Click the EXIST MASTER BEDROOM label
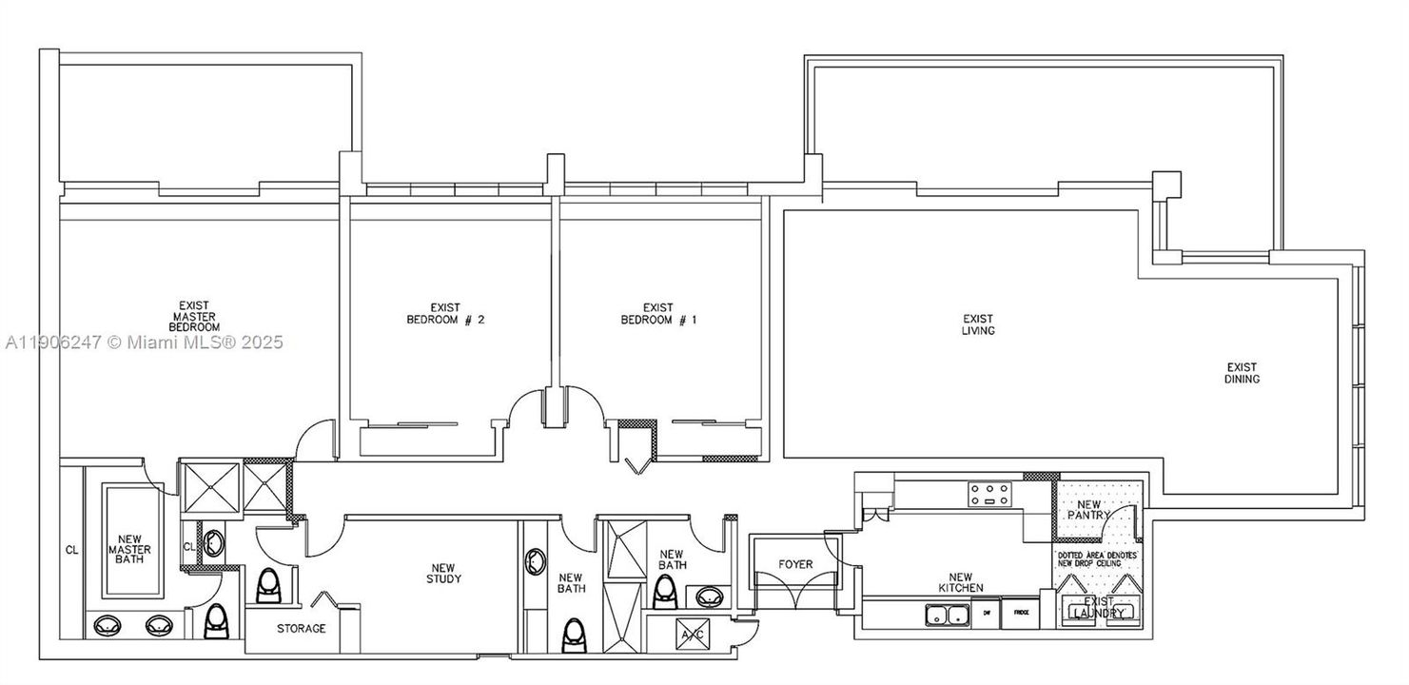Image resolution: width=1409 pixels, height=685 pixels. (x=195, y=316)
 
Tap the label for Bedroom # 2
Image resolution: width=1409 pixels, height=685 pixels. (x=445, y=314)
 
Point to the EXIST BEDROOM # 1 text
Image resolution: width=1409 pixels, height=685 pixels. (x=658, y=314)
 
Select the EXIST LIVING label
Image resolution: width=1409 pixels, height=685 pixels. (x=978, y=324)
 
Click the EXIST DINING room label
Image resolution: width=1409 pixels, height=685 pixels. (x=1242, y=373)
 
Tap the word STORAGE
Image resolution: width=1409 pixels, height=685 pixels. (x=302, y=629)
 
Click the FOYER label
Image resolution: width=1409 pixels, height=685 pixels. (x=795, y=564)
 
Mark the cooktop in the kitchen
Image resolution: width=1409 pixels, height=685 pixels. (x=989, y=493)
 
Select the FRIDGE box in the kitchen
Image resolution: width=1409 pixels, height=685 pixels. (x=1022, y=613)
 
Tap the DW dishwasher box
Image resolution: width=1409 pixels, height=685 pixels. (x=987, y=613)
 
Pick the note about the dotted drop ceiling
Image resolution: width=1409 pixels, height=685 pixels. (x=1097, y=558)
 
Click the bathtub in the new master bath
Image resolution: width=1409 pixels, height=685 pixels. (x=128, y=542)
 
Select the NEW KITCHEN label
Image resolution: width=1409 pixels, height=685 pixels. (x=967, y=581)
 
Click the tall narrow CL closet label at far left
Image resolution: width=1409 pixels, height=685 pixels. (x=71, y=550)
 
